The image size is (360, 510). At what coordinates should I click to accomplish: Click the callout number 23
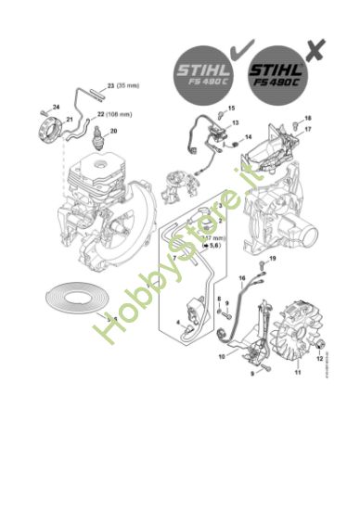[x=109, y=85]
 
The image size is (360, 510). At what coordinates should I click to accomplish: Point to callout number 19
[x=273, y=256]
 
